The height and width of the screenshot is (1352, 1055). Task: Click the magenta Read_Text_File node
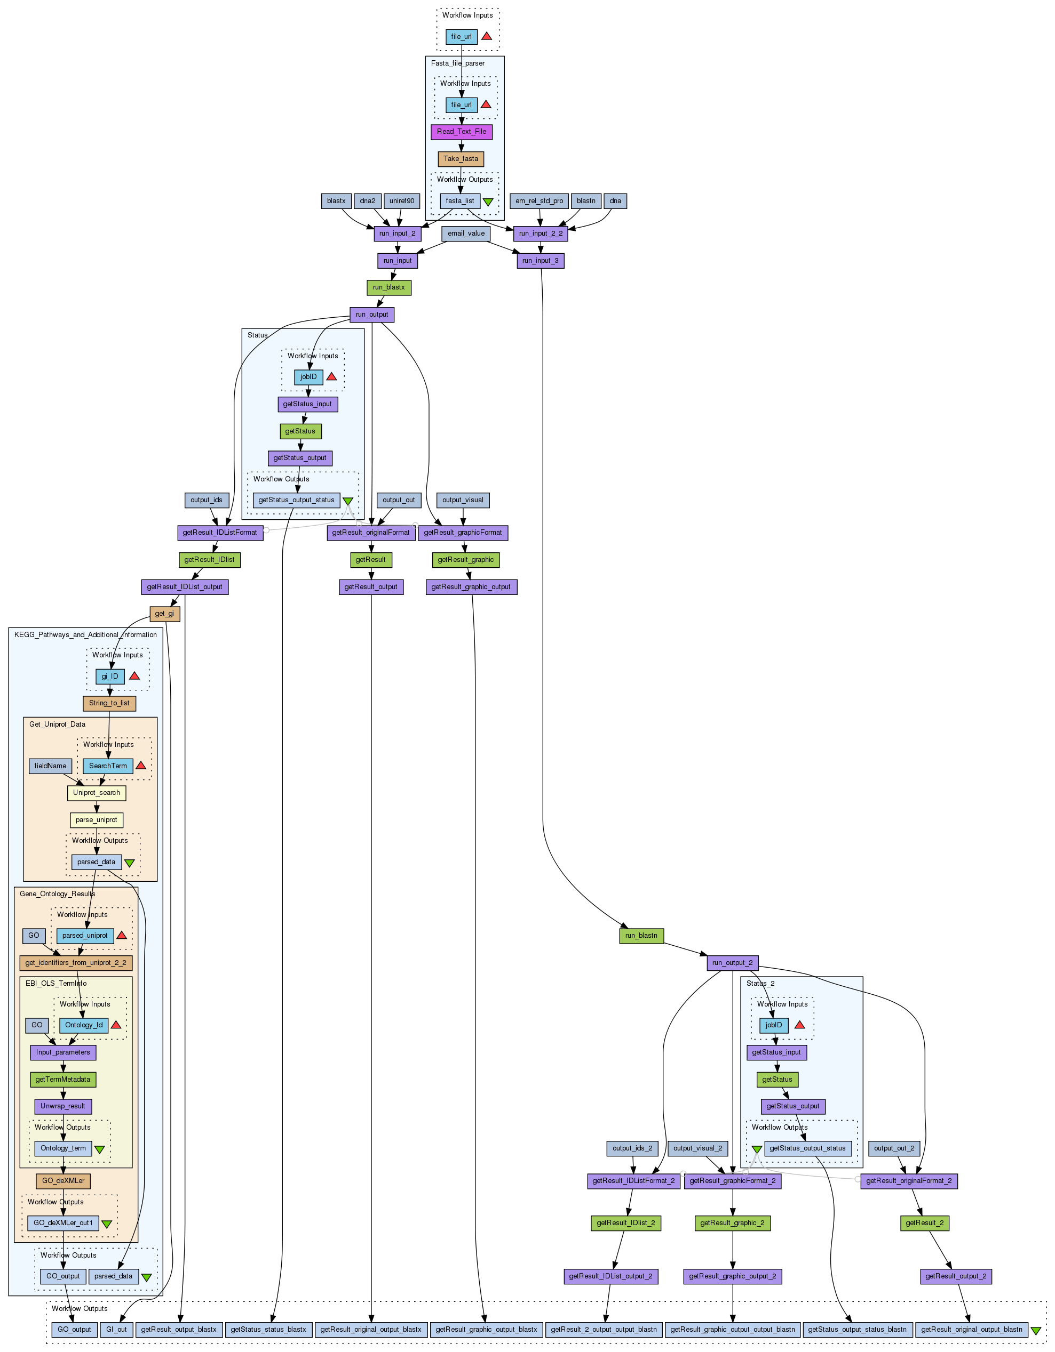(x=462, y=132)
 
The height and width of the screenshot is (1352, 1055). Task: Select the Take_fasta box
(x=461, y=159)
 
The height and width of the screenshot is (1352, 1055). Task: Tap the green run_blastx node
(x=388, y=288)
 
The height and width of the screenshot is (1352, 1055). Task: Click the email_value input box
(x=466, y=234)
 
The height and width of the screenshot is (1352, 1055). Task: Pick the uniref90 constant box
(x=401, y=201)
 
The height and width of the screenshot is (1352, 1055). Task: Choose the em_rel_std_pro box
(x=539, y=201)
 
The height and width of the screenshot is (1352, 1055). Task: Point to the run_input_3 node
(x=540, y=261)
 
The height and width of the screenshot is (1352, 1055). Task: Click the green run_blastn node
(x=641, y=936)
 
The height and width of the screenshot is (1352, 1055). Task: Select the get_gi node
(x=165, y=614)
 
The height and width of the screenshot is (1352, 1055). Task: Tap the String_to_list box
(x=109, y=703)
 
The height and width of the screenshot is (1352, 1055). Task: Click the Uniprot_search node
(x=97, y=793)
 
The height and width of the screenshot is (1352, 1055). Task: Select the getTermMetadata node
(x=62, y=1080)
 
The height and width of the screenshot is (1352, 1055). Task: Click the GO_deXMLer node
(x=63, y=1181)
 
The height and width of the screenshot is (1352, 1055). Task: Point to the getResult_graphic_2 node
(x=732, y=1223)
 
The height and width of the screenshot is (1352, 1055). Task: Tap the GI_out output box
(x=116, y=1330)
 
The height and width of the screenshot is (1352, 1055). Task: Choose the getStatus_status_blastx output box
(x=268, y=1330)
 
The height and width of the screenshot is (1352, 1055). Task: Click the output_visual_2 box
(x=697, y=1148)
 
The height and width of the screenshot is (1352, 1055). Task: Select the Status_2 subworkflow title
(x=760, y=984)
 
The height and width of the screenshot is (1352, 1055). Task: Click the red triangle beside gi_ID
(x=134, y=676)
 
